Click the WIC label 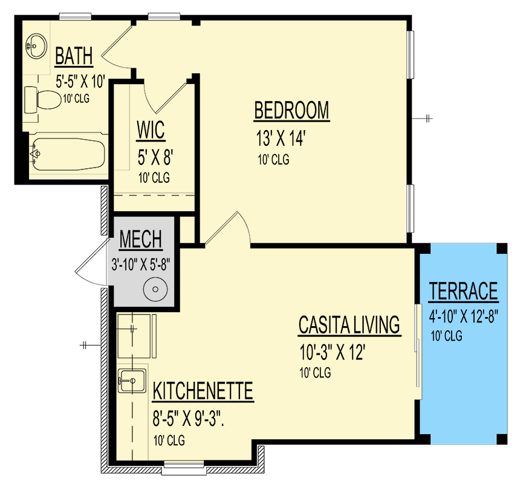151,129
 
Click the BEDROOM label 291,111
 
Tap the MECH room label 140,240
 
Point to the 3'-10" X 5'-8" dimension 142,264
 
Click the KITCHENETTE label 203,391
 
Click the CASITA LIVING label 349,325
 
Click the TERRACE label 464,291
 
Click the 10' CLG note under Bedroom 272,160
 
